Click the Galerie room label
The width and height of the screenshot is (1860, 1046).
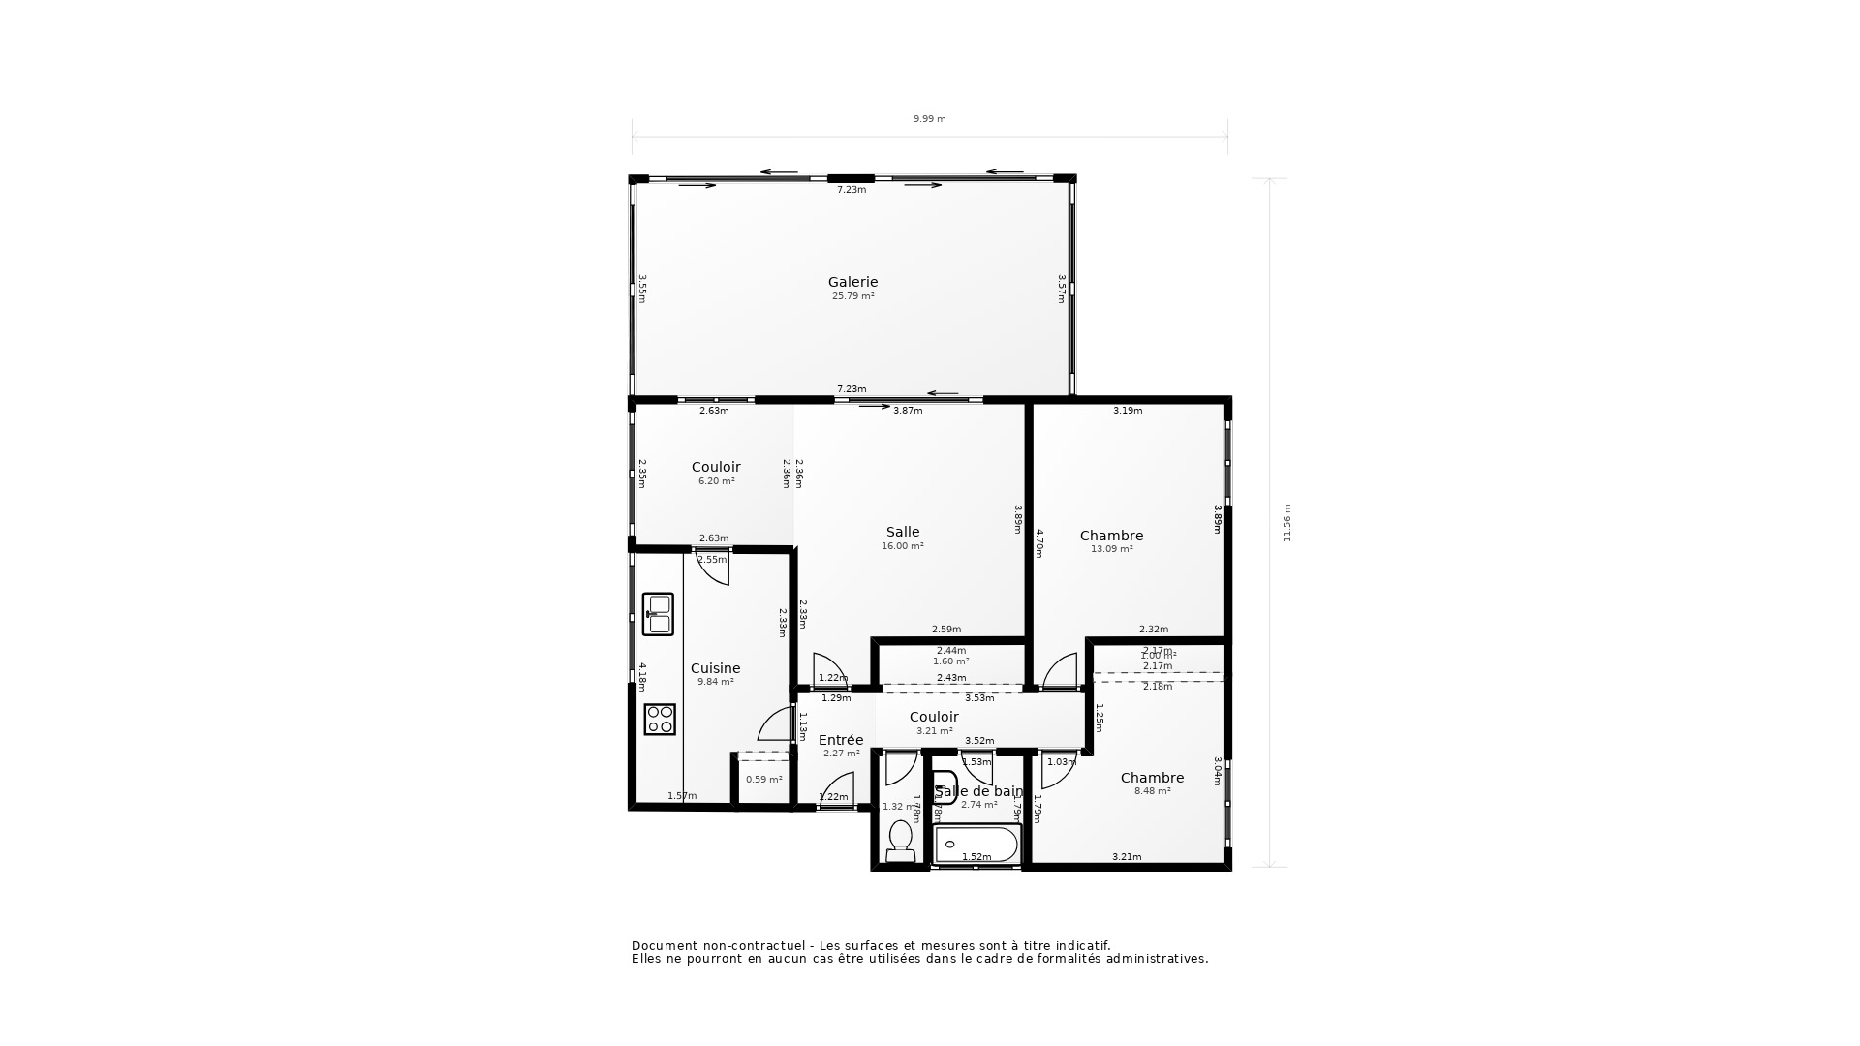pyautogui.click(x=852, y=282)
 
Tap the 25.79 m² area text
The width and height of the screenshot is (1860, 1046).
pyautogui.click(x=852, y=296)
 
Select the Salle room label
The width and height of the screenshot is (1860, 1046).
pyautogui.click(x=902, y=532)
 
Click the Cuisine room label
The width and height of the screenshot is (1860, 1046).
pyautogui.click(x=715, y=668)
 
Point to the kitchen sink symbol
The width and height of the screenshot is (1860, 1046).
pyautogui.click(x=658, y=614)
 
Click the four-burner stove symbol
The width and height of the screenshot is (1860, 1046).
pyautogui.click(x=660, y=719)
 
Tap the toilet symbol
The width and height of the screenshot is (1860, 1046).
pyautogui.click(x=901, y=841)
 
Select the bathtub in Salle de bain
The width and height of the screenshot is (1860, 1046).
pyautogui.click(x=976, y=845)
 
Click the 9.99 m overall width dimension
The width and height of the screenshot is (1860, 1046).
pyautogui.click(x=929, y=119)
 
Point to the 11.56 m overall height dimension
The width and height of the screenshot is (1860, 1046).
pyautogui.click(x=1287, y=523)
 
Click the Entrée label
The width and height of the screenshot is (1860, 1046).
pyautogui.click(x=840, y=740)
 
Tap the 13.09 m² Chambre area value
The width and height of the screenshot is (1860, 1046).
pyautogui.click(x=1111, y=549)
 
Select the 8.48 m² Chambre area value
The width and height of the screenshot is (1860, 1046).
pyautogui.click(x=1152, y=791)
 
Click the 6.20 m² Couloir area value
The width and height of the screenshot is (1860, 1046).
pyautogui.click(x=716, y=481)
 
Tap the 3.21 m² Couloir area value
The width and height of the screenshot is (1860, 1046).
pyautogui.click(x=934, y=731)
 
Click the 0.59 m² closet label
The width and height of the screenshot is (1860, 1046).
pyautogui.click(x=763, y=780)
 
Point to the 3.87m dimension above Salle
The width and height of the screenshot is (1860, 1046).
pyautogui.click(x=907, y=411)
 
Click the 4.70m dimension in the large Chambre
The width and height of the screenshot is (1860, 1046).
pyautogui.click(x=1039, y=543)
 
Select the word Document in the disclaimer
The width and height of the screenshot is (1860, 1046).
pyautogui.click(x=664, y=946)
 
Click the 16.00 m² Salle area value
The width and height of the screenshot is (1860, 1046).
pyautogui.click(x=902, y=546)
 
